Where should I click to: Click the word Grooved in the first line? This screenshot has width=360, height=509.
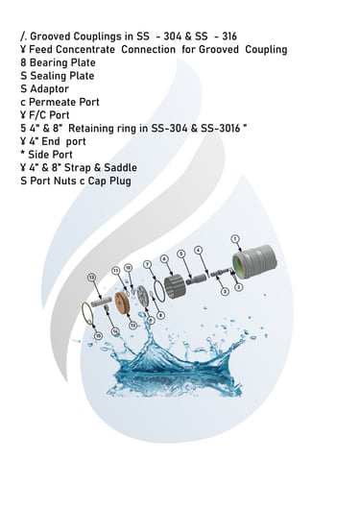(x=50, y=36)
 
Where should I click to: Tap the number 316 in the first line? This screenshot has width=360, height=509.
(x=229, y=36)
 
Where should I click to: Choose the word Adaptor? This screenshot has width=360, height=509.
(x=49, y=89)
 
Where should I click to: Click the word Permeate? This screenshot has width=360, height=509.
(x=50, y=102)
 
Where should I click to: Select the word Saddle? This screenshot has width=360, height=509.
(x=120, y=167)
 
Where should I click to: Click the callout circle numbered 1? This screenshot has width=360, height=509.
(x=235, y=239)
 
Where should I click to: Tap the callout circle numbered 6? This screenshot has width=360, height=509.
(x=165, y=258)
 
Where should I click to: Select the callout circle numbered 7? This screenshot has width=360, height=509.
(x=148, y=264)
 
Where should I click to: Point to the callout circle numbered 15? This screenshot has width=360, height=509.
(x=99, y=336)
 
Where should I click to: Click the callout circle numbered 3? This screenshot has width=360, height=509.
(x=225, y=292)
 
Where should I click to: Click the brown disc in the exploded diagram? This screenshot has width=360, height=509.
(x=122, y=303)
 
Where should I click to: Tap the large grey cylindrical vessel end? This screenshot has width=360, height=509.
(x=254, y=262)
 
